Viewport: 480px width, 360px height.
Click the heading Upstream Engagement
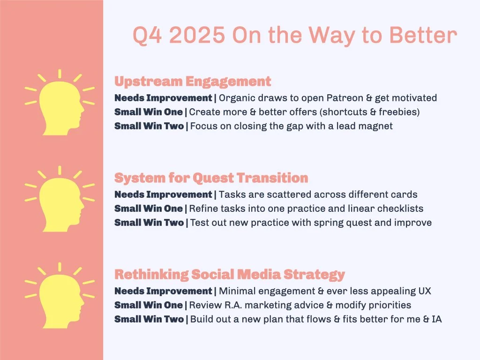click(x=193, y=82)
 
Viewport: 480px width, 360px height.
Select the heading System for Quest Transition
click(x=211, y=178)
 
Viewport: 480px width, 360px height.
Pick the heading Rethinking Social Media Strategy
click(x=230, y=274)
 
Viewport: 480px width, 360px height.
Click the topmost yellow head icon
click(x=59, y=101)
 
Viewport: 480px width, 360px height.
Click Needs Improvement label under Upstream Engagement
click(x=163, y=98)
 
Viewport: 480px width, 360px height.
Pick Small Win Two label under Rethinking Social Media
click(x=149, y=319)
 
